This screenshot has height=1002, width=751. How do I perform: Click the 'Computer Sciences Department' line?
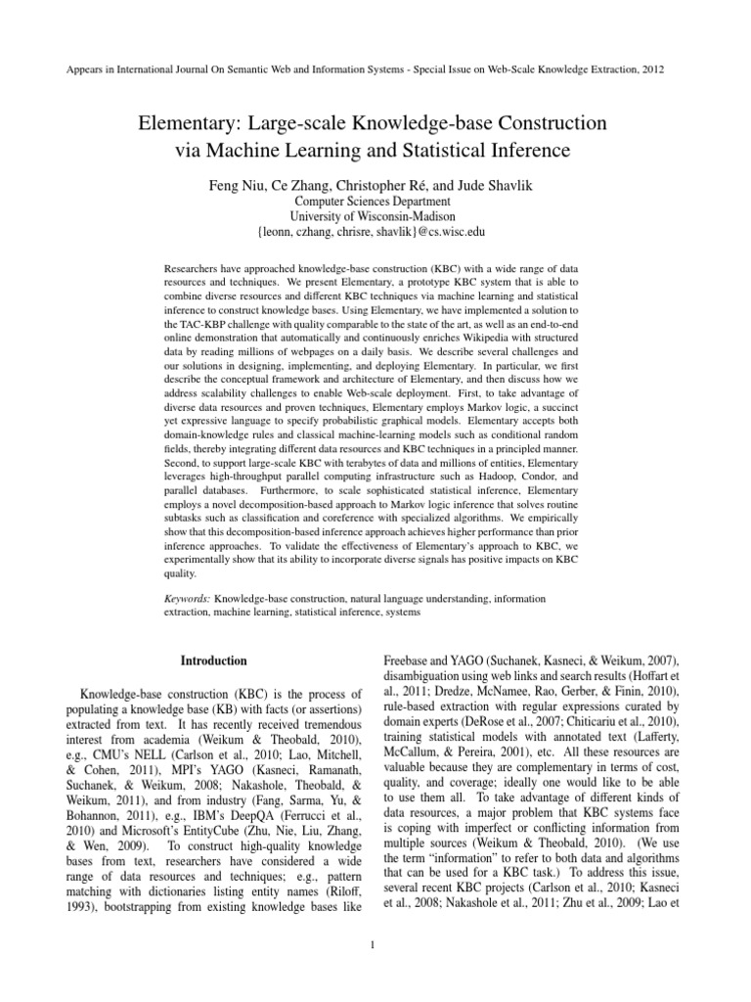(375, 201)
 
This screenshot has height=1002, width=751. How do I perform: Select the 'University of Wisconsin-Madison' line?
(375, 216)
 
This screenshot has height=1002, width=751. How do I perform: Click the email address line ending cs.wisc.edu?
(375, 233)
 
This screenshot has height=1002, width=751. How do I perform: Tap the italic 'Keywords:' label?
(187, 598)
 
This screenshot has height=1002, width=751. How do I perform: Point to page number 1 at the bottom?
(375, 944)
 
